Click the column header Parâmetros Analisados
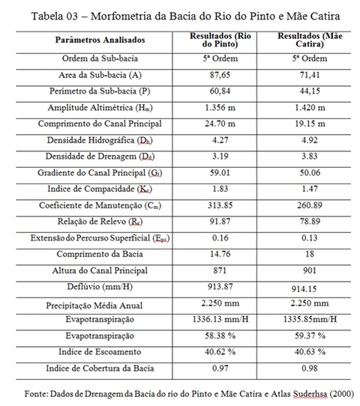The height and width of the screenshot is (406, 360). click(x=100, y=40)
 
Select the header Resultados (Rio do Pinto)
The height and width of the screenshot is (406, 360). click(x=220, y=40)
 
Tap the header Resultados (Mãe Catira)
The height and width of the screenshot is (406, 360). click(x=310, y=40)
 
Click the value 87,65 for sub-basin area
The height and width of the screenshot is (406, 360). click(x=220, y=75)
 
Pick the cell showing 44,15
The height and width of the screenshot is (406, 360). click(x=310, y=91)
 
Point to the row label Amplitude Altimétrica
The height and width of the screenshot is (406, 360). click(x=100, y=108)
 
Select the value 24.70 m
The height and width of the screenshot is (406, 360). click(x=220, y=124)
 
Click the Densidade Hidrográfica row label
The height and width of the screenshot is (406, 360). click(x=100, y=140)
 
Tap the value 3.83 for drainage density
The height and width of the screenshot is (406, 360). click(x=310, y=157)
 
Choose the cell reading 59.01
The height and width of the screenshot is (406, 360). click(x=220, y=173)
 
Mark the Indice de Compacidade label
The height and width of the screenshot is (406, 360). click(x=100, y=189)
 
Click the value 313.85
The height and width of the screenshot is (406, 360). click(x=220, y=205)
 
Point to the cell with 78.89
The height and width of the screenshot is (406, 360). click(x=310, y=222)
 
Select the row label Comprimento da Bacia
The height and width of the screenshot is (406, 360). click(x=100, y=254)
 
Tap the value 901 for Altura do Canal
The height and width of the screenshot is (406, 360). click(x=310, y=270)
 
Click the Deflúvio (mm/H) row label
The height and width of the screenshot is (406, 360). click(x=100, y=287)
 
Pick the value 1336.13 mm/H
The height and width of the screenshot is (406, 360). click(x=220, y=319)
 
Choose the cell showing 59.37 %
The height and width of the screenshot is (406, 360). click(x=310, y=336)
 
